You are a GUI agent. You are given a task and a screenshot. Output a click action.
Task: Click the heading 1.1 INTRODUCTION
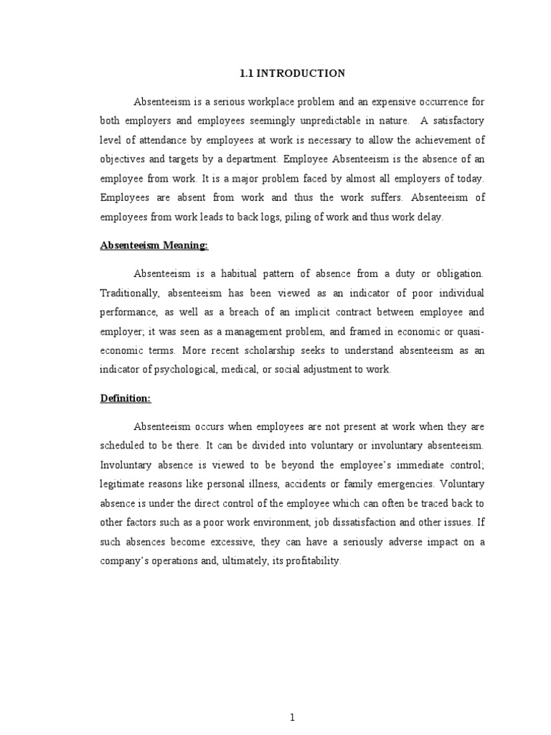click(291, 73)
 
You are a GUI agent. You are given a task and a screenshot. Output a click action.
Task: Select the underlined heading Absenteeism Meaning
click(154, 245)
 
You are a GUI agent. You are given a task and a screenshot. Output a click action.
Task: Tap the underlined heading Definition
click(126, 398)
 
